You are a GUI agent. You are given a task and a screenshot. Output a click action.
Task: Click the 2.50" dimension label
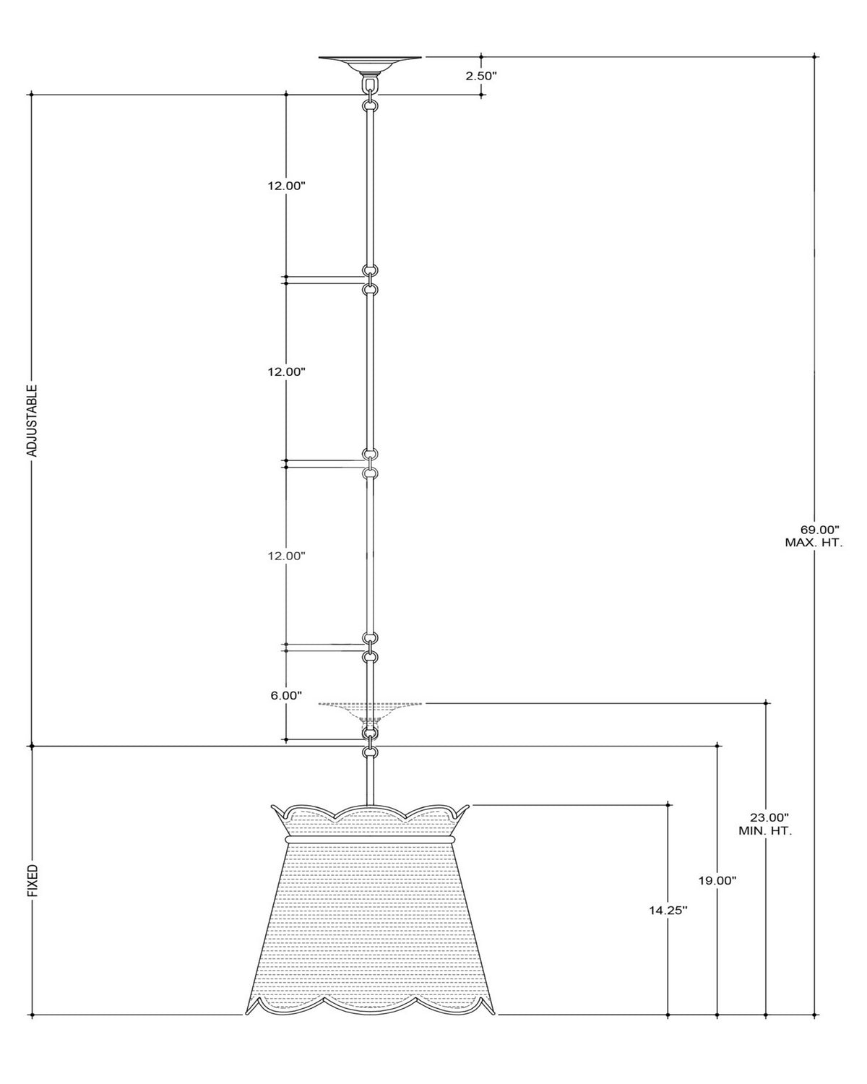(x=480, y=76)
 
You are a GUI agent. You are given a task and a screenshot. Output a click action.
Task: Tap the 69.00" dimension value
(x=819, y=530)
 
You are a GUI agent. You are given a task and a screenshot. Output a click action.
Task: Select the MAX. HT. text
(x=814, y=543)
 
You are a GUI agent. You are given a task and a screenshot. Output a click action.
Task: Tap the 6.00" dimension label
(x=286, y=695)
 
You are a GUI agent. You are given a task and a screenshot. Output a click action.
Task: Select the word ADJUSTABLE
(x=32, y=421)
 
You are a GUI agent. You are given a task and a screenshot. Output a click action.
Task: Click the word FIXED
(x=33, y=881)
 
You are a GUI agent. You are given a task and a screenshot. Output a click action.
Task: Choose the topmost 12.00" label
(x=286, y=186)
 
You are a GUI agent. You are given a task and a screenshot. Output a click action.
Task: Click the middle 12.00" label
(x=286, y=371)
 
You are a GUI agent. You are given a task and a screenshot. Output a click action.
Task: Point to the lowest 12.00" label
(x=286, y=556)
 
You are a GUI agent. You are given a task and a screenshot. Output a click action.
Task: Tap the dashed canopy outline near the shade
(x=370, y=708)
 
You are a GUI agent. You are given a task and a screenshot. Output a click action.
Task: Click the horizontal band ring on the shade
(x=370, y=840)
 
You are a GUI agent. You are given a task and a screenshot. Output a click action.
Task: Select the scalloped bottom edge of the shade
(x=370, y=1003)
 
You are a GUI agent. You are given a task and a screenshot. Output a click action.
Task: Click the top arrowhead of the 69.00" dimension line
(x=815, y=56)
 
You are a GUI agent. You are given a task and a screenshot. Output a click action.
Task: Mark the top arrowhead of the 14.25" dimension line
(x=668, y=805)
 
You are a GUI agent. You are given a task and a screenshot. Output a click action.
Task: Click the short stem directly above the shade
(x=370, y=786)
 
